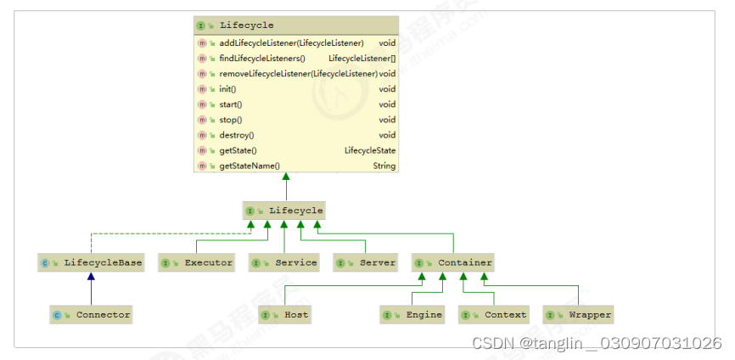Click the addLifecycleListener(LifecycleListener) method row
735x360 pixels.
tap(291, 42)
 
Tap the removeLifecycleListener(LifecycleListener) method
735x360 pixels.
tap(298, 74)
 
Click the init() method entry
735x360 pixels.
tap(227, 89)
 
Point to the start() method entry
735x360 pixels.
tap(230, 104)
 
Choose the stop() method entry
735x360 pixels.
tap(230, 120)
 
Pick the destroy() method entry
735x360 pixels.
tap(236, 135)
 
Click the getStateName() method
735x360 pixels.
tap(249, 166)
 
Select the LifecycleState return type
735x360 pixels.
tap(369, 150)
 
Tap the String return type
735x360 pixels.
tap(384, 166)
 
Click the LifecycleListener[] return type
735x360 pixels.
tap(362, 59)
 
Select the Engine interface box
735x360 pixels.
tap(413, 315)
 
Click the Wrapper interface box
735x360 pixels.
tap(579, 315)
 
